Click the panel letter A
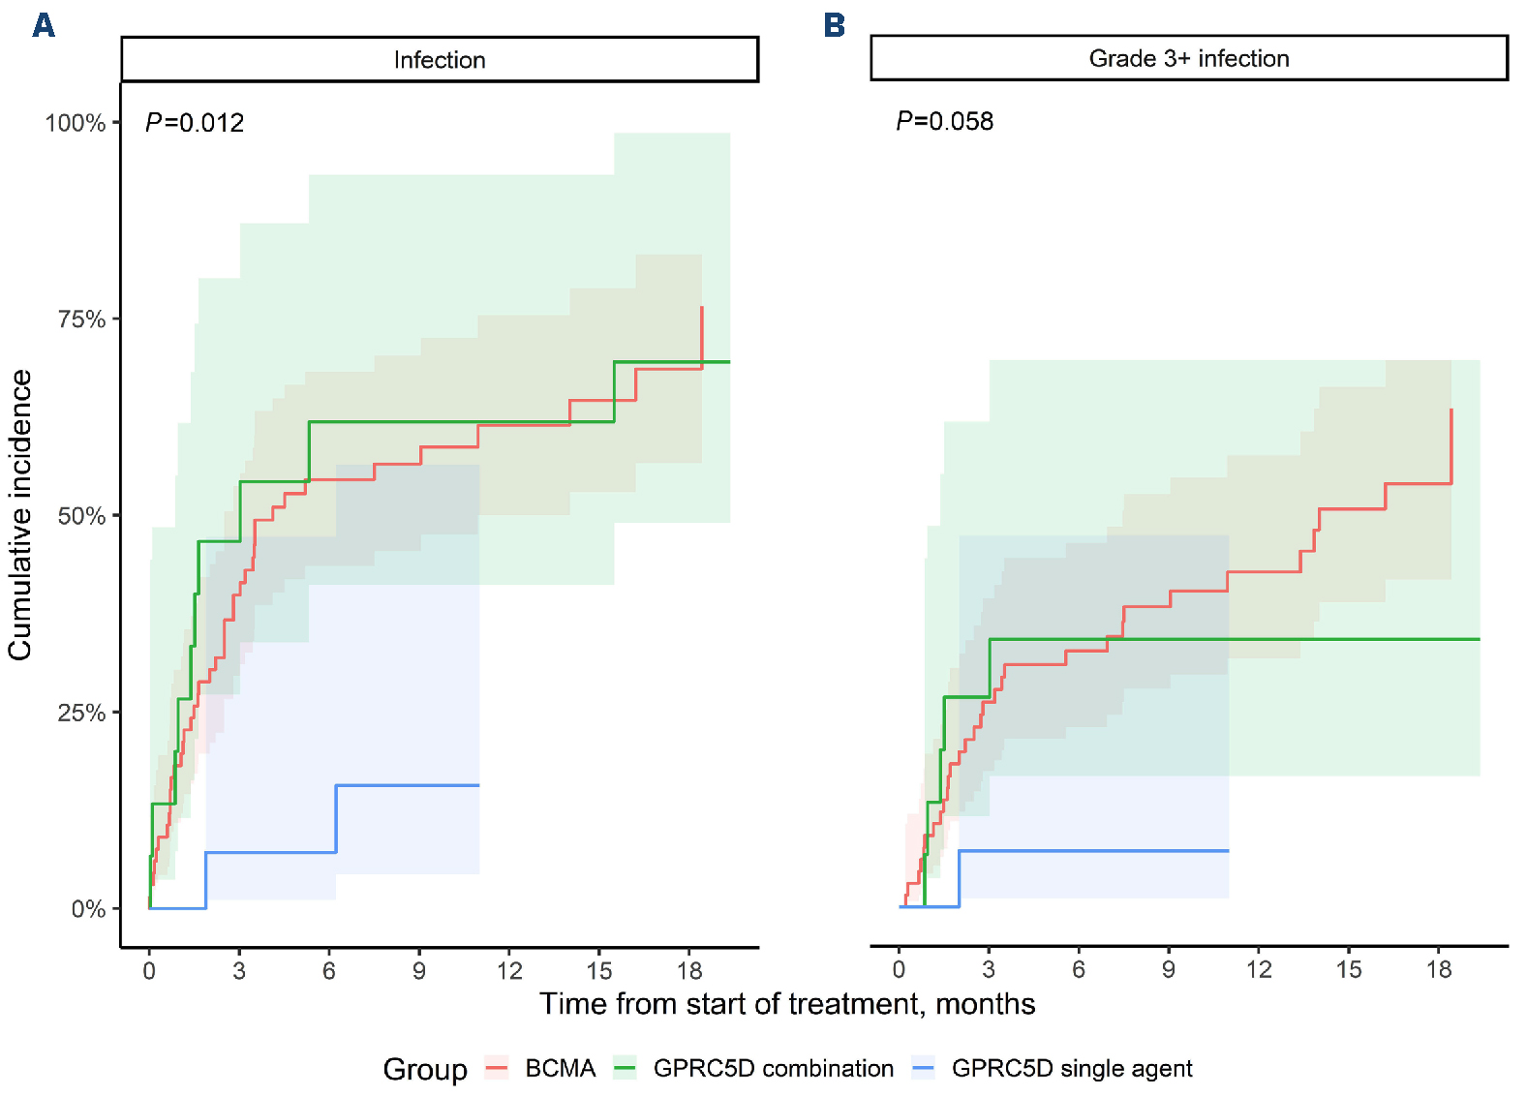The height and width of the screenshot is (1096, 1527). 44,24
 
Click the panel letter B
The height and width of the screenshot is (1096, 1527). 834,24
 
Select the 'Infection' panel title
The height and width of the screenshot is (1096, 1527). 440,60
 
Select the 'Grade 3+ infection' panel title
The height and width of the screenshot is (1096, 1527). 1189,58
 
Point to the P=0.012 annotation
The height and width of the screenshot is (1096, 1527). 195,123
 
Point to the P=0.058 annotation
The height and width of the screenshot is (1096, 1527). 945,121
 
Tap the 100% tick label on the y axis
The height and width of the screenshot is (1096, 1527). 75,123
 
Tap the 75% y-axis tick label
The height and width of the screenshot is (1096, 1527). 81,320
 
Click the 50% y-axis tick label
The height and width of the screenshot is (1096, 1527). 81,516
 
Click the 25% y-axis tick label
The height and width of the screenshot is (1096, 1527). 81,713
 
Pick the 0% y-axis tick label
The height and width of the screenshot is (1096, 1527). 88,909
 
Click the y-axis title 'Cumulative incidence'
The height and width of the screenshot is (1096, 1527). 20,515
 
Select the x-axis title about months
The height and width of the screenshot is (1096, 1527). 787,1004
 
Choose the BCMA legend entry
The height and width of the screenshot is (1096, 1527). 560,1068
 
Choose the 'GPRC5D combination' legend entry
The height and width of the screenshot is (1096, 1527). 773,1068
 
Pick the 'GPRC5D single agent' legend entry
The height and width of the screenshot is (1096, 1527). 1071,1068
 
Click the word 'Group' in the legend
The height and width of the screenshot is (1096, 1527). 425,1069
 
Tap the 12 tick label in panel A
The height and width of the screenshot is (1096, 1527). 509,970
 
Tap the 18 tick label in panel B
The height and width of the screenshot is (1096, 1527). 1439,969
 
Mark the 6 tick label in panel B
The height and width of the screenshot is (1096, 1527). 1079,969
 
